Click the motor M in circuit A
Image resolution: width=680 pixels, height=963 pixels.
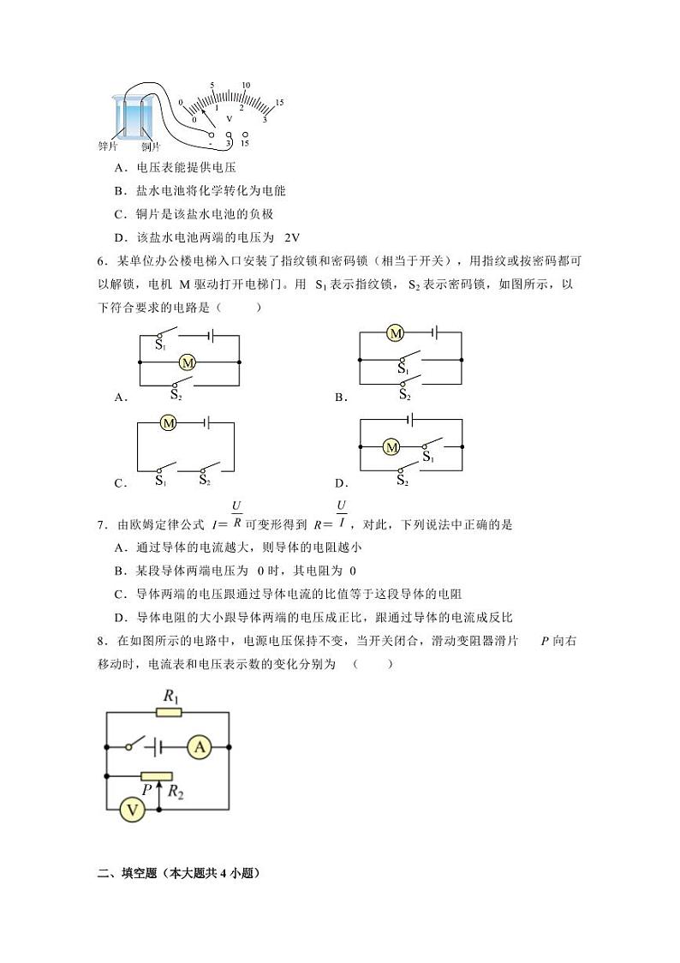[x=188, y=363]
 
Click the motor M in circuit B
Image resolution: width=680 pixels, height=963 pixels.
[x=395, y=333]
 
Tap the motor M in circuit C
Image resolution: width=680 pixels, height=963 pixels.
[x=169, y=422]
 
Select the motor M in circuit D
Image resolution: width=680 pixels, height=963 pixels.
[x=391, y=446]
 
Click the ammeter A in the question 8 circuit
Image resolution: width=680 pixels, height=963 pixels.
[x=200, y=747]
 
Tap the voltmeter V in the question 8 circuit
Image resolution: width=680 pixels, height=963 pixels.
[x=133, y=810]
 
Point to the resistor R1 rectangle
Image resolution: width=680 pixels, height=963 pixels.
[x=170, y=711]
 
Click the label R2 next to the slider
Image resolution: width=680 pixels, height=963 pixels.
[x=176, y=793]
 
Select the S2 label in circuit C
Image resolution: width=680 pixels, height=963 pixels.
[x=205, y=481]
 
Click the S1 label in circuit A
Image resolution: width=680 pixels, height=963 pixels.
[x=160, y=344]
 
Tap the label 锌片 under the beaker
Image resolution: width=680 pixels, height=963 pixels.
[x=108, y=147]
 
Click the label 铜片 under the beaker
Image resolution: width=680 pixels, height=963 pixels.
[x=151, y=147]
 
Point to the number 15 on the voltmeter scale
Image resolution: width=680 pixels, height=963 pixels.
[x=279, y=103]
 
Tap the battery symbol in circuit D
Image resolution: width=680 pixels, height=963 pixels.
[x=412, y=420]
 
